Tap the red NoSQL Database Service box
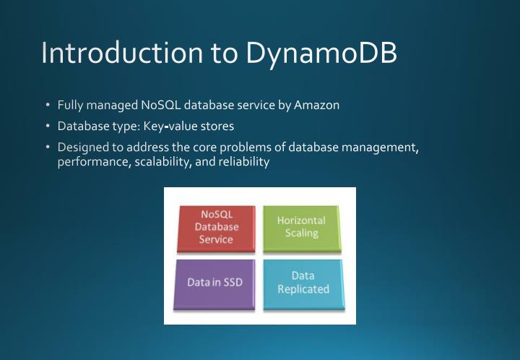216,227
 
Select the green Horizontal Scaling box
301,227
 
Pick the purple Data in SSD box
215,282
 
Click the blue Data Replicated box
303,282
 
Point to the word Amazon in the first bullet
316,105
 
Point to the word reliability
244,162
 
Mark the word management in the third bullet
381,147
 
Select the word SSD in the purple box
231,283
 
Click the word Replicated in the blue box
303,289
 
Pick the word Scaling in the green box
301,233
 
